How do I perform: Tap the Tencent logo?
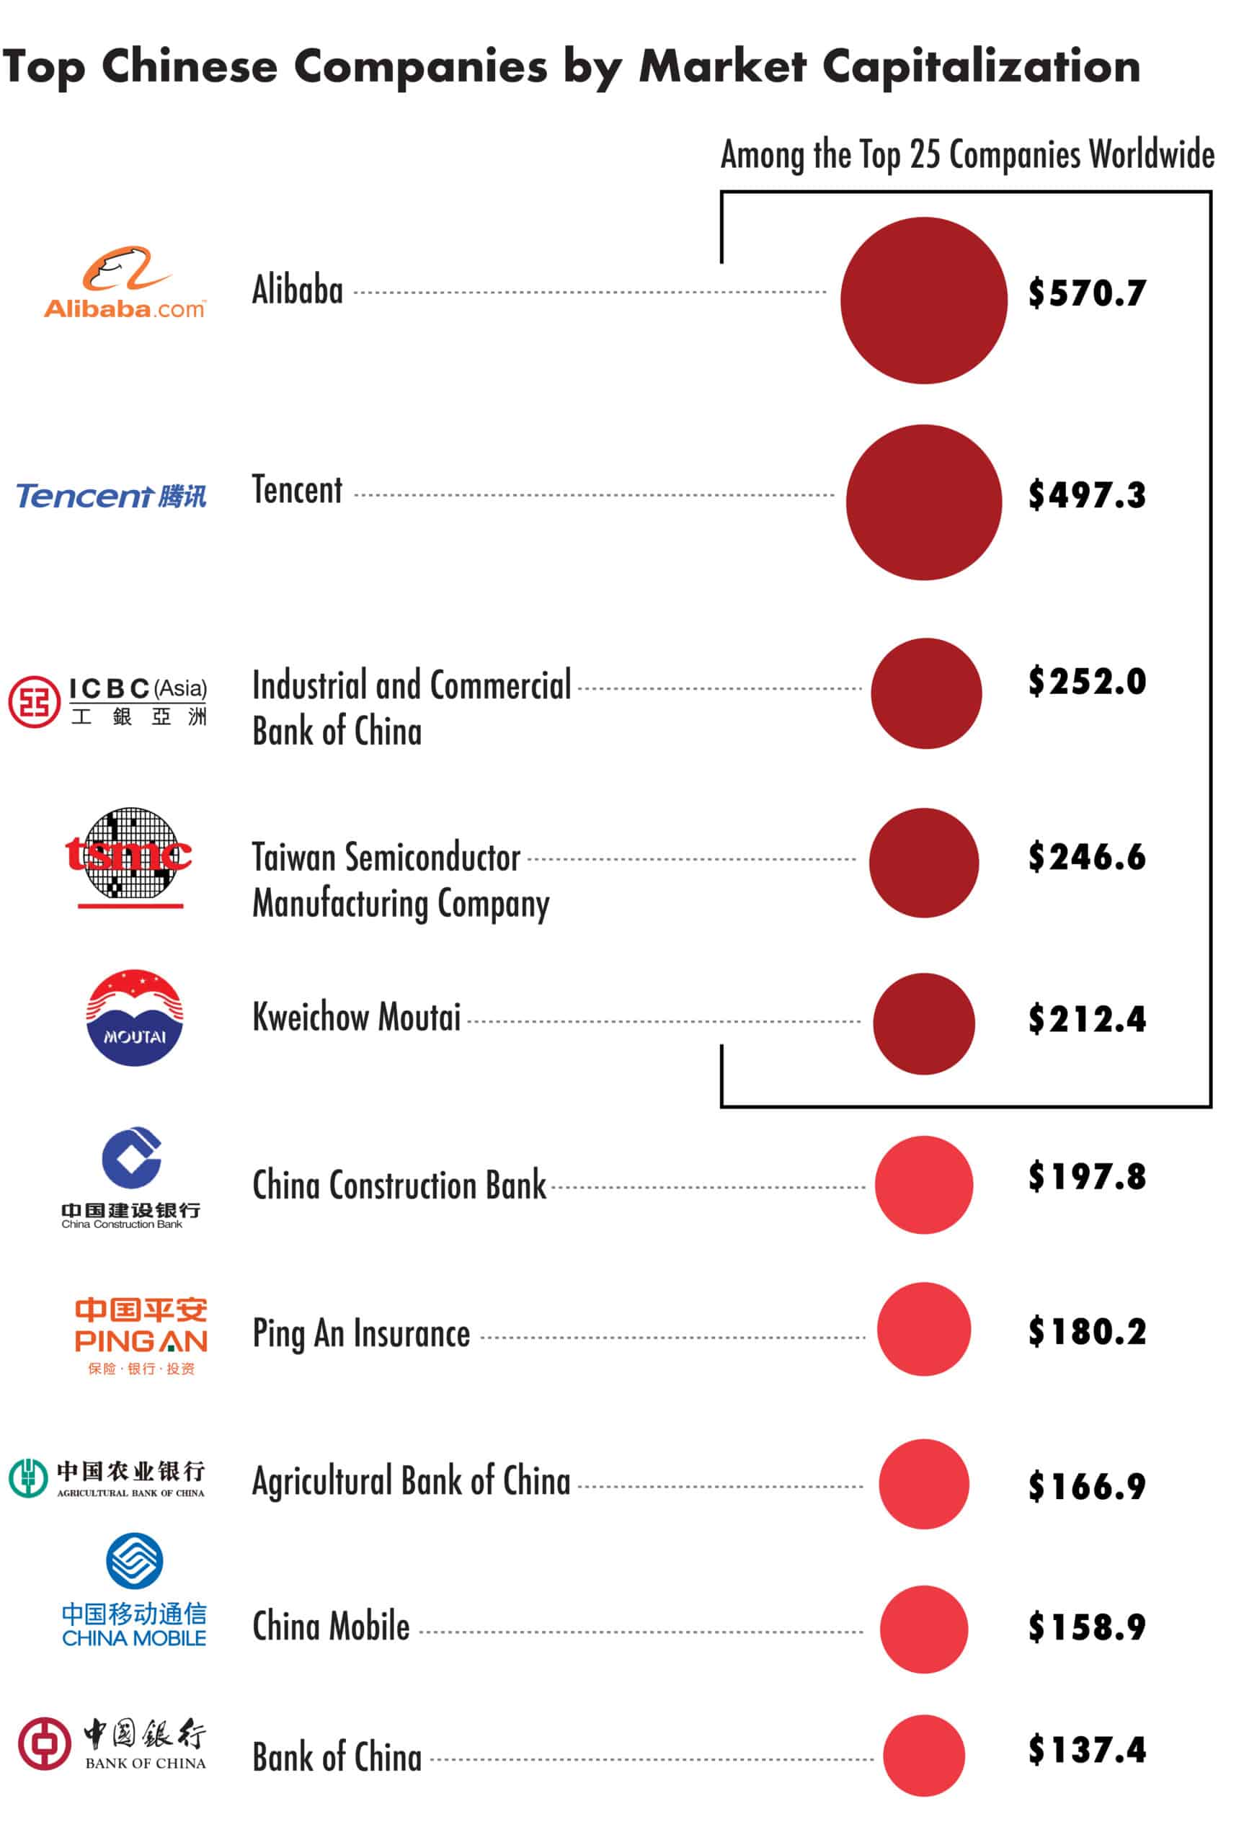tap(111, 496)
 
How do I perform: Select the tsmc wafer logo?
tap(129, 856)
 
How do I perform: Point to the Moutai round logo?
tap(134, 1017)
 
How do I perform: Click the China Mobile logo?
tap(134, 1591)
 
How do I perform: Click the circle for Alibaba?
tap(923, 301)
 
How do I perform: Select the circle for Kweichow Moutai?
tap(923, 1023)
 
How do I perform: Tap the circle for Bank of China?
tap(923, 1756)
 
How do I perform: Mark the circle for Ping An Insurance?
tap(923, 1329)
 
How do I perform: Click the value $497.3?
tap(1087, 495)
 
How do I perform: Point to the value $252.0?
tap(1087, 681)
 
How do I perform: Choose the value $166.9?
tap(1087, 1485)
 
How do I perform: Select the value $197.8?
tap(1087, 1176)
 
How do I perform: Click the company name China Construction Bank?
tap(399, 1185)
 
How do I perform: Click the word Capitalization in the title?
tap(981, 66)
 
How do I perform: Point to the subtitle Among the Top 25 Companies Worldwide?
tap(967, 155)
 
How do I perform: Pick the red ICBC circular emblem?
tap(34, 701)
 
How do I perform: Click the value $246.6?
tap(1087, 857)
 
